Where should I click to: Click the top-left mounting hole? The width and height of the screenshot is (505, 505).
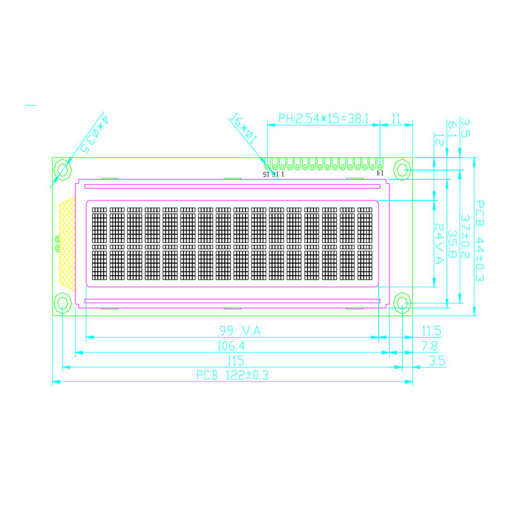coord(63,169)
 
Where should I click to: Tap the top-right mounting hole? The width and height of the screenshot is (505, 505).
coord(401,169)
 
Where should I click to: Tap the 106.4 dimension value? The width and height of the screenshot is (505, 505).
coord(231,346)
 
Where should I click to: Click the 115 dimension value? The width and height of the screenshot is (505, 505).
coord(231,360)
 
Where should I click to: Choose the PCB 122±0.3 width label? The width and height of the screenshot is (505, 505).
coord(232,375)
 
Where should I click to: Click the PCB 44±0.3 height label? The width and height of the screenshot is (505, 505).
coord(479,241)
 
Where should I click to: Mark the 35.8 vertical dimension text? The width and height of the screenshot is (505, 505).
coord(452,244)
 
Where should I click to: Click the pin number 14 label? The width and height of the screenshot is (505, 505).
coord(379,172)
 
